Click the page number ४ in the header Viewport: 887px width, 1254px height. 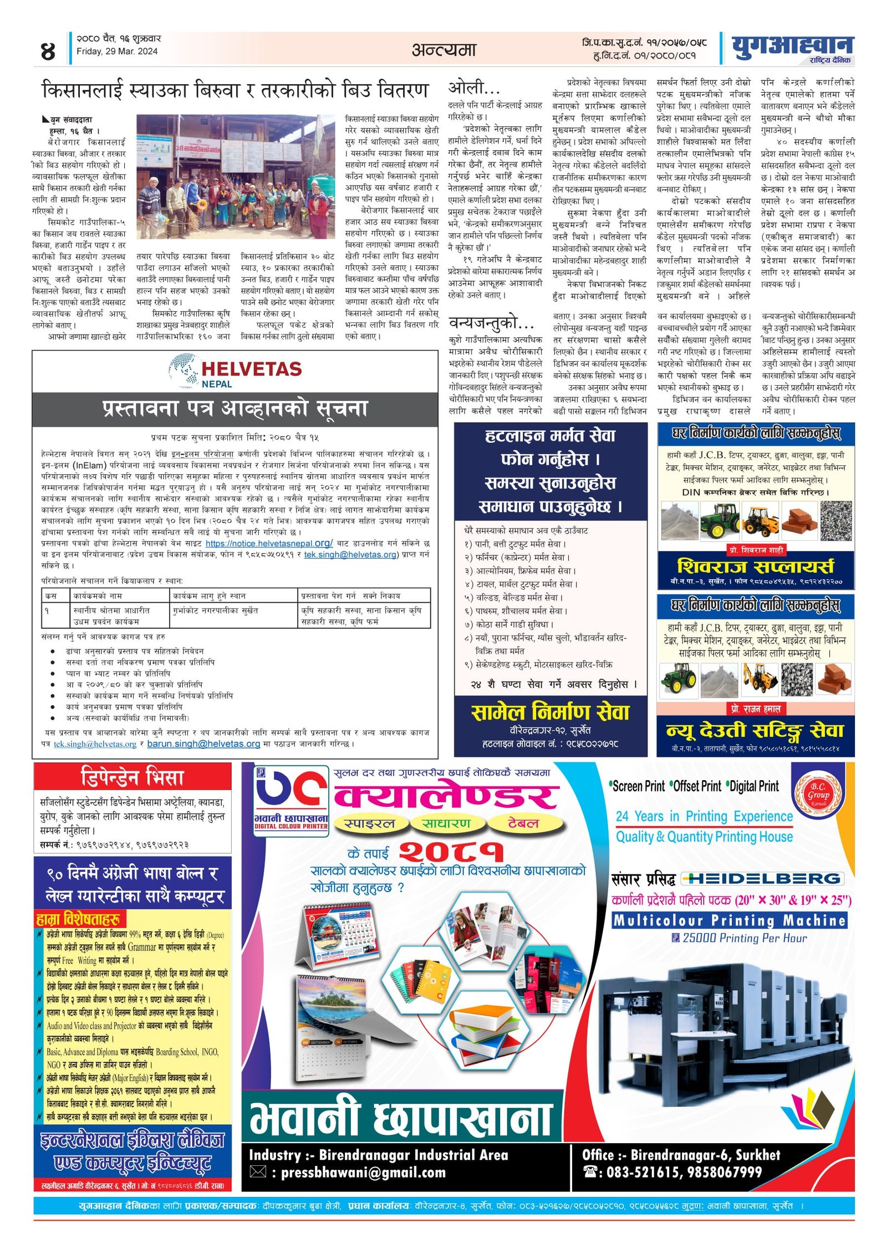tap(48, 52)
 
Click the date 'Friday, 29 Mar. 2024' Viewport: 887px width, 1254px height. tap(117, 52)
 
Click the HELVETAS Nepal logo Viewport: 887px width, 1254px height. tap(236, 372)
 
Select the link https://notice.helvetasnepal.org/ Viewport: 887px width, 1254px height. tap(269, 544)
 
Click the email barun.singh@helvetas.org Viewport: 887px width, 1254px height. tap(203, 744)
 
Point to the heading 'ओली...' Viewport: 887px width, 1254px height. tap(474, 88)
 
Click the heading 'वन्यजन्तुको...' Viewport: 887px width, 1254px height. tap(491, 323)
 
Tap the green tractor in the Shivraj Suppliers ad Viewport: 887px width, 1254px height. tap(720, 520)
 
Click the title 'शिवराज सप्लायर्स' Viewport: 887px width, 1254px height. tap(755, 566)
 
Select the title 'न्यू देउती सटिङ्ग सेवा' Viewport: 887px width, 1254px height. tap(755, 731)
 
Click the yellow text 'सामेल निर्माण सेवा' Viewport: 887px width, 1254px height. tap(550, 712)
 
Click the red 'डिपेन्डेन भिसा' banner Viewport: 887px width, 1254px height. tap(132, 776)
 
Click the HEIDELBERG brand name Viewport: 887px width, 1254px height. tap(763, 878)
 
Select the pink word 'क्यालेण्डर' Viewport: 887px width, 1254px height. tap(446, 797)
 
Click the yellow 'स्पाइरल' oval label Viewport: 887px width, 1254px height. tap(369, 823)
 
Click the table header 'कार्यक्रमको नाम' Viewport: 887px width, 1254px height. tap(98, 596)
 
